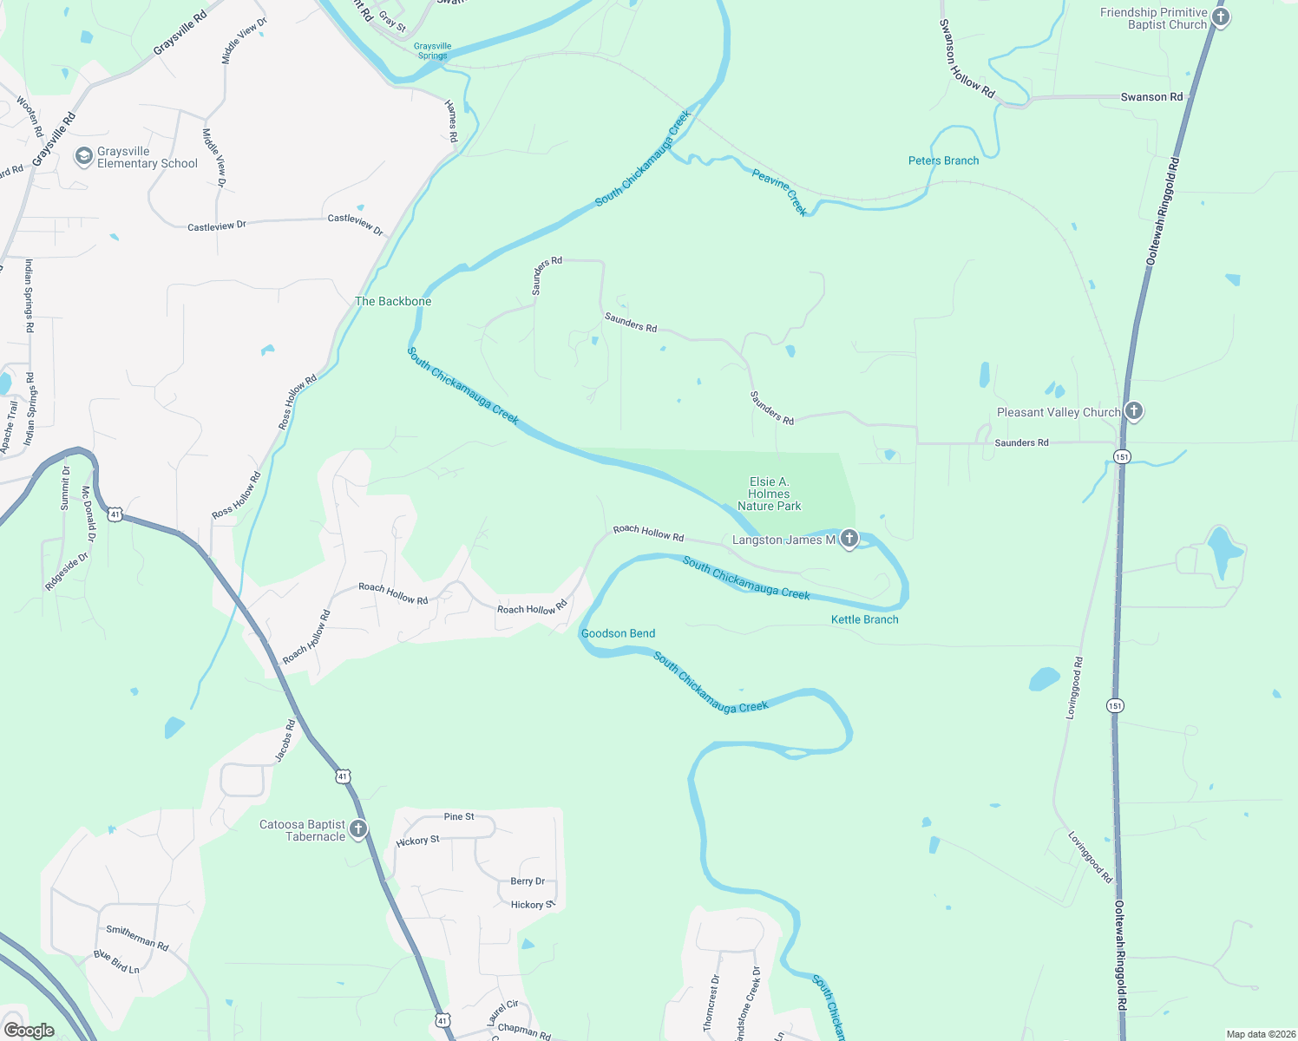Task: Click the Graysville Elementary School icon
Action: tap(84, 156)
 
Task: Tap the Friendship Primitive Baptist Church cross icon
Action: tap(1220, 18)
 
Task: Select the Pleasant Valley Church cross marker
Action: tap(1133, 411)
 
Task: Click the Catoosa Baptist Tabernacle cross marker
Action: tap(357, 829)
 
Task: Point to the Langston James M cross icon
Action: tap(849, 540)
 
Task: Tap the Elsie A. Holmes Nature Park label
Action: tap(769, 494)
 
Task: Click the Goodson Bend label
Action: tap(618, 633)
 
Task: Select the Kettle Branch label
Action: tap(864, 619)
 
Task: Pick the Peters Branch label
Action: tap(943, 160)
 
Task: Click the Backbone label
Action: tap(393, 301)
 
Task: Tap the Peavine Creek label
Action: tap(779, 193)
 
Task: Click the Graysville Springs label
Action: tap(432, 51)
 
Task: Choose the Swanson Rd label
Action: tap(1151, 97)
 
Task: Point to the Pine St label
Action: tap(459, 816)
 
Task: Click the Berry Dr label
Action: tap(528, 881)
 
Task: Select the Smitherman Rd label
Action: tap(137, 937)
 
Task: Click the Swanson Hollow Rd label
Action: tap(967, 59)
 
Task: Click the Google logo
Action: tap(29, 1030)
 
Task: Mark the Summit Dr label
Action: tap(65, 488)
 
